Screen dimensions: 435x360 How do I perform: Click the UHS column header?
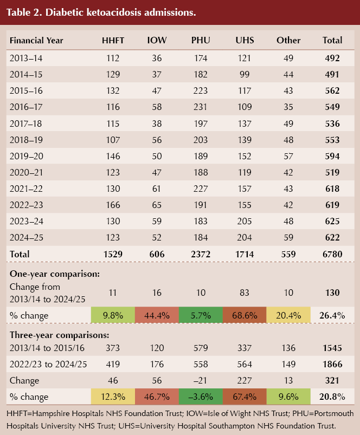(x=245, y=40)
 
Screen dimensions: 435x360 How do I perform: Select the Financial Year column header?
(x=36, y=40)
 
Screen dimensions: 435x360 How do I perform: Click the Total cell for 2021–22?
(x=332, y=190)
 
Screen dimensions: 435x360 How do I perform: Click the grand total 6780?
(x=332, y=254)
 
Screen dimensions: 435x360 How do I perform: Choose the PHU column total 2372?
(x=201, y=254)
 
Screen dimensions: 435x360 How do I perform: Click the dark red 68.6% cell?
(x=245, y=315)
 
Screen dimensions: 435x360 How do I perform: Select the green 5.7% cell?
(x=201, y=315)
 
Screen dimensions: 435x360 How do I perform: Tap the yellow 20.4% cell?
(x=288, y=315)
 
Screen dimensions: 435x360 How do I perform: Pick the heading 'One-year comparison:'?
(x=54, y=274)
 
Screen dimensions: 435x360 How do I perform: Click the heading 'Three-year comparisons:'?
(x=60, y=334)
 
